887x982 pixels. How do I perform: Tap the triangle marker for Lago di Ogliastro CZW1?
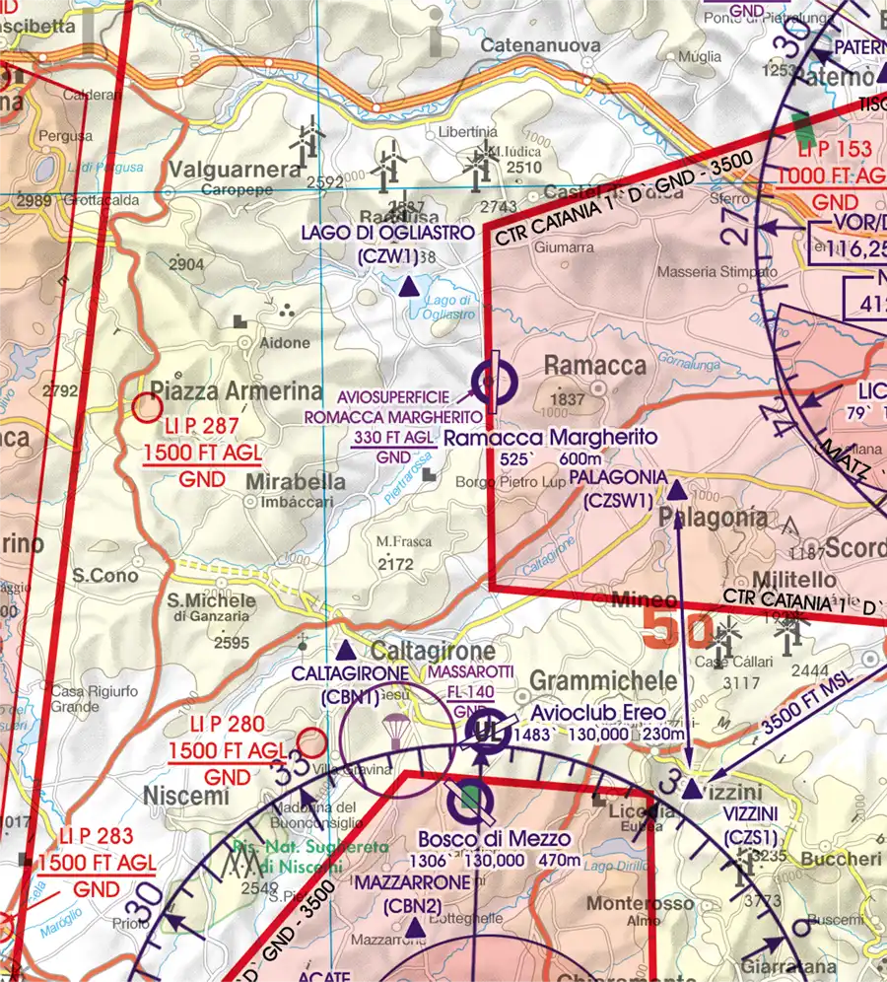407,287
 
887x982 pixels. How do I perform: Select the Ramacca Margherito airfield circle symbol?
492,379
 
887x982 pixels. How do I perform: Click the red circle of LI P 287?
147,406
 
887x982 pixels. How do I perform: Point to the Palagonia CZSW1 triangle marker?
677,489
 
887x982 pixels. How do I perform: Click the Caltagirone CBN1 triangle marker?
346,652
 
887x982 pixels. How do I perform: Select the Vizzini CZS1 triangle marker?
692,790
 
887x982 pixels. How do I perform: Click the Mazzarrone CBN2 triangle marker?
415,928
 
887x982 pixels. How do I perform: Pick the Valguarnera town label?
235,170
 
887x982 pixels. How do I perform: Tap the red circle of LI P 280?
312,740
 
